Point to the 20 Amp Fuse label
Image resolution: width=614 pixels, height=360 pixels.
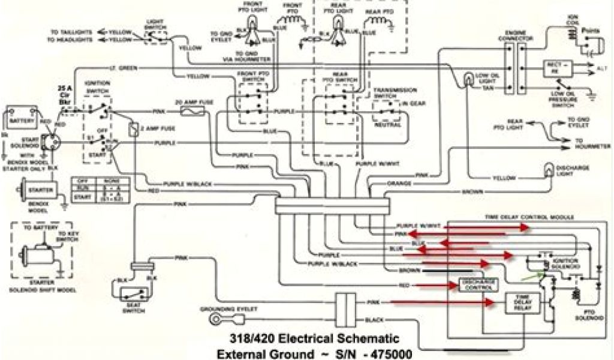[190, 102]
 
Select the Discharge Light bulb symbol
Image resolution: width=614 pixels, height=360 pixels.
[547, 170]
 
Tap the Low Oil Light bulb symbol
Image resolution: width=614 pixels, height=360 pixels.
[469, 79]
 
